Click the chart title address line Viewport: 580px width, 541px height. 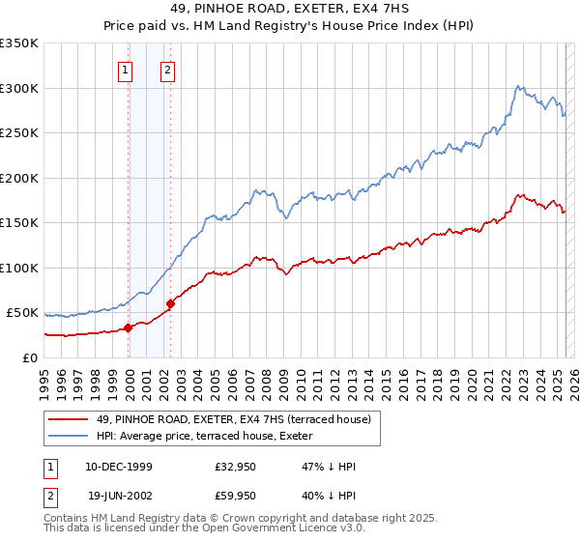[289, 9]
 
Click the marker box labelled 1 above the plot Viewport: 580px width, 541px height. [127, 69]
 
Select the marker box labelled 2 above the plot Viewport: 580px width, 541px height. [168, 69]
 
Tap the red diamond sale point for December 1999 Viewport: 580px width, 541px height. [129, 328]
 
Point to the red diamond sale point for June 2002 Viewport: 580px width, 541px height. [170, 304]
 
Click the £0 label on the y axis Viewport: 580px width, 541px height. [31, 357]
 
